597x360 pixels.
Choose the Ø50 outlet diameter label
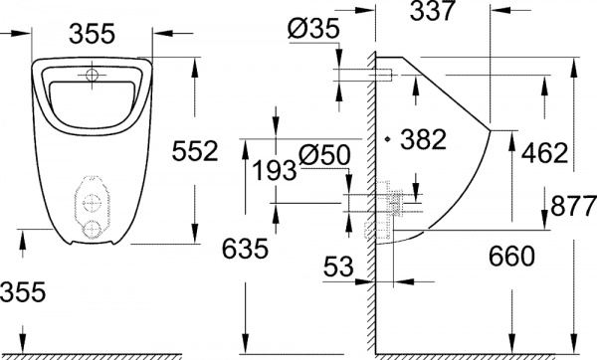320,155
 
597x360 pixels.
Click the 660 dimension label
512,257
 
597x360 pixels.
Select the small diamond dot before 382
388,137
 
